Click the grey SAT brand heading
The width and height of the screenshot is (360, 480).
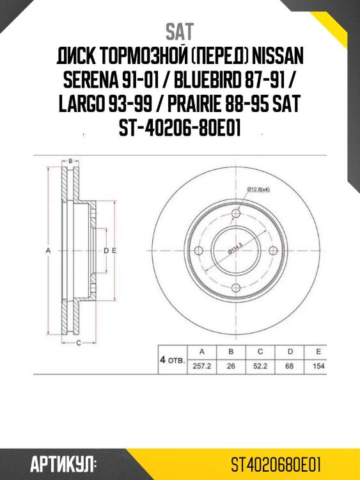180,31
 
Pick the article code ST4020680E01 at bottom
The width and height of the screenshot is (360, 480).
276,463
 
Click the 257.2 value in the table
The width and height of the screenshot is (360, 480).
201,367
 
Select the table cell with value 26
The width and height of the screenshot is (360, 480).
231,367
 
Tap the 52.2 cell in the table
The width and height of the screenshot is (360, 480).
260,367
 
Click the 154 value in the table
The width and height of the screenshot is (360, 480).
318,367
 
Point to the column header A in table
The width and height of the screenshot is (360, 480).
201,352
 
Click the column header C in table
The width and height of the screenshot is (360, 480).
260,352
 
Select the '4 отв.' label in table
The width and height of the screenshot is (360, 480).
171,360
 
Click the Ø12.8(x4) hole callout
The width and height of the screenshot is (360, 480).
258,189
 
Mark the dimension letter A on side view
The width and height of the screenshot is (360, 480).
49,252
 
